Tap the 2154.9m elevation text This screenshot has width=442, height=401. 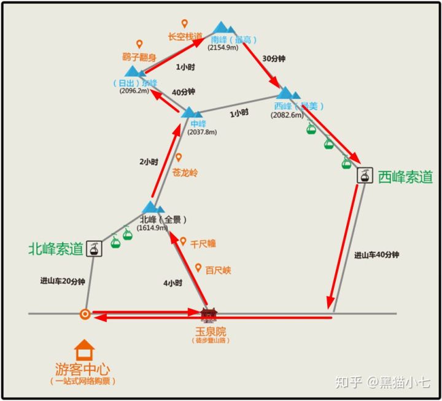click(223, 48)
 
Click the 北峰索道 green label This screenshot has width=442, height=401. click(56, 249)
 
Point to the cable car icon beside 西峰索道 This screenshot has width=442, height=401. click(365, 176)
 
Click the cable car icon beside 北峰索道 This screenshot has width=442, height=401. click(94, 247)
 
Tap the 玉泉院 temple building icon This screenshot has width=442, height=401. click(209, 315)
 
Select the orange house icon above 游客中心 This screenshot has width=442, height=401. click(84, 351)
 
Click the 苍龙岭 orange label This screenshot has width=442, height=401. click(185, 173)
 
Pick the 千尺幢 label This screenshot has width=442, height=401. click(203, 244)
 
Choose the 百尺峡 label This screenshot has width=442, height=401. click(218, 271)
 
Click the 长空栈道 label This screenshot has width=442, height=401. click(184, 37)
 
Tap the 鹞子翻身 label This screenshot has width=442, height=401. click(139, 58)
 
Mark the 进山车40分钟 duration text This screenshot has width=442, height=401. click(377, 255)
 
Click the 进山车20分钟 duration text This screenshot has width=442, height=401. click(63, 281)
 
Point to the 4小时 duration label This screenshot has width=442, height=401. click(173, 283)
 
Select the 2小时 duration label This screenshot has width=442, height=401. click(149, 162)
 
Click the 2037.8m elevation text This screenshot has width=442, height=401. click(202, 132)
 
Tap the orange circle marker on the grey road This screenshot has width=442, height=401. click(85, 314)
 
